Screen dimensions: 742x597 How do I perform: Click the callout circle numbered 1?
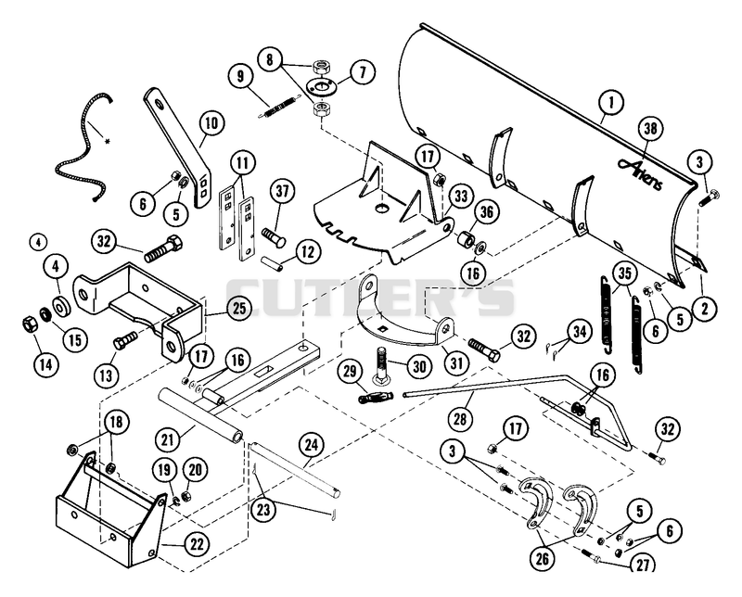[610, 102]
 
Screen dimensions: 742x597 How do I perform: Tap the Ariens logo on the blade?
[640, 173]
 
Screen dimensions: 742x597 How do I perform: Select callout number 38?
[651, 129]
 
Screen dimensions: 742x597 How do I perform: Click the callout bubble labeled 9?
[241, 76]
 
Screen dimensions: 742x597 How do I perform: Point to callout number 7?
[363, 73]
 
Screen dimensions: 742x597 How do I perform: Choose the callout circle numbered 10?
[211, 123]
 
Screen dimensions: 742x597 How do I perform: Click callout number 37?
[283, 192]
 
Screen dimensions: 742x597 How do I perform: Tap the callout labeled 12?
[308, 251]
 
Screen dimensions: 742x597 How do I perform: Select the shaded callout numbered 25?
[239, 309]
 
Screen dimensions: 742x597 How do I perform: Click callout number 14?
[46, 364]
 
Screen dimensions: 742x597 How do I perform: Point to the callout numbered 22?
[197, 544]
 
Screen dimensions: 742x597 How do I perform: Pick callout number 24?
[312, 445]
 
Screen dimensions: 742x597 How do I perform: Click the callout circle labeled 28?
[460, 418]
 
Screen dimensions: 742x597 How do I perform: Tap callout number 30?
[419, 366]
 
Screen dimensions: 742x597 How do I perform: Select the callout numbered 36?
[486, 212]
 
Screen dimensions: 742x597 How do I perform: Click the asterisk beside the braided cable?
[108, 141]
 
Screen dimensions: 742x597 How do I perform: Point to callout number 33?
[460, 196]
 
